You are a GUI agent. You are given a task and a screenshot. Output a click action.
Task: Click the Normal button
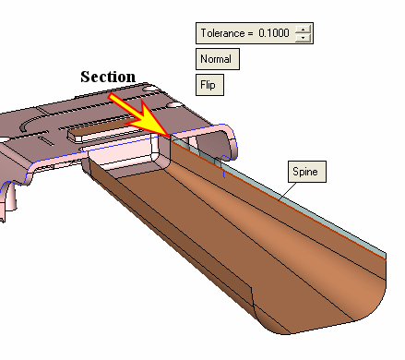(218, 59)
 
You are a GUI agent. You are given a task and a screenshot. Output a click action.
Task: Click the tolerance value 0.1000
(274, 33)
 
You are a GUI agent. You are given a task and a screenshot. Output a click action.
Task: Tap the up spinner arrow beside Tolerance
(304, 30)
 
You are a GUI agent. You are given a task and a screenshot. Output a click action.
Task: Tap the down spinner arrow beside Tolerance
(304, 37)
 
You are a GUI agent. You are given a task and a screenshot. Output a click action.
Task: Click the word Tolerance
(222, 33)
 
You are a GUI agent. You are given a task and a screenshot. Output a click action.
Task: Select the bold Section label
(108, 77)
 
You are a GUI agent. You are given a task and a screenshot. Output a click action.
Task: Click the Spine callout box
(307, 172)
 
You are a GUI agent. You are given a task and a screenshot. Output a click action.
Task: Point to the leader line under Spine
(288, 191)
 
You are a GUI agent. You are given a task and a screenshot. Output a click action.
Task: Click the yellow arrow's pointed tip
(169, 136)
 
